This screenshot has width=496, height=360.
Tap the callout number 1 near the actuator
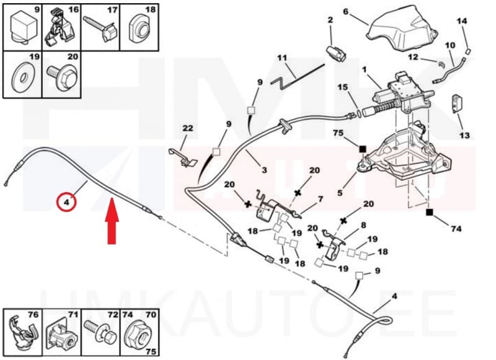coord(365,70)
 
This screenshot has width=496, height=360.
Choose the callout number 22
coord(188,128)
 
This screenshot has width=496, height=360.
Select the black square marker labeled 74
coord(429,212)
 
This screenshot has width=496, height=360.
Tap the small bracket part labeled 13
coord(459,105)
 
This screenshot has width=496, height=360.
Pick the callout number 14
coord(461,21)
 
